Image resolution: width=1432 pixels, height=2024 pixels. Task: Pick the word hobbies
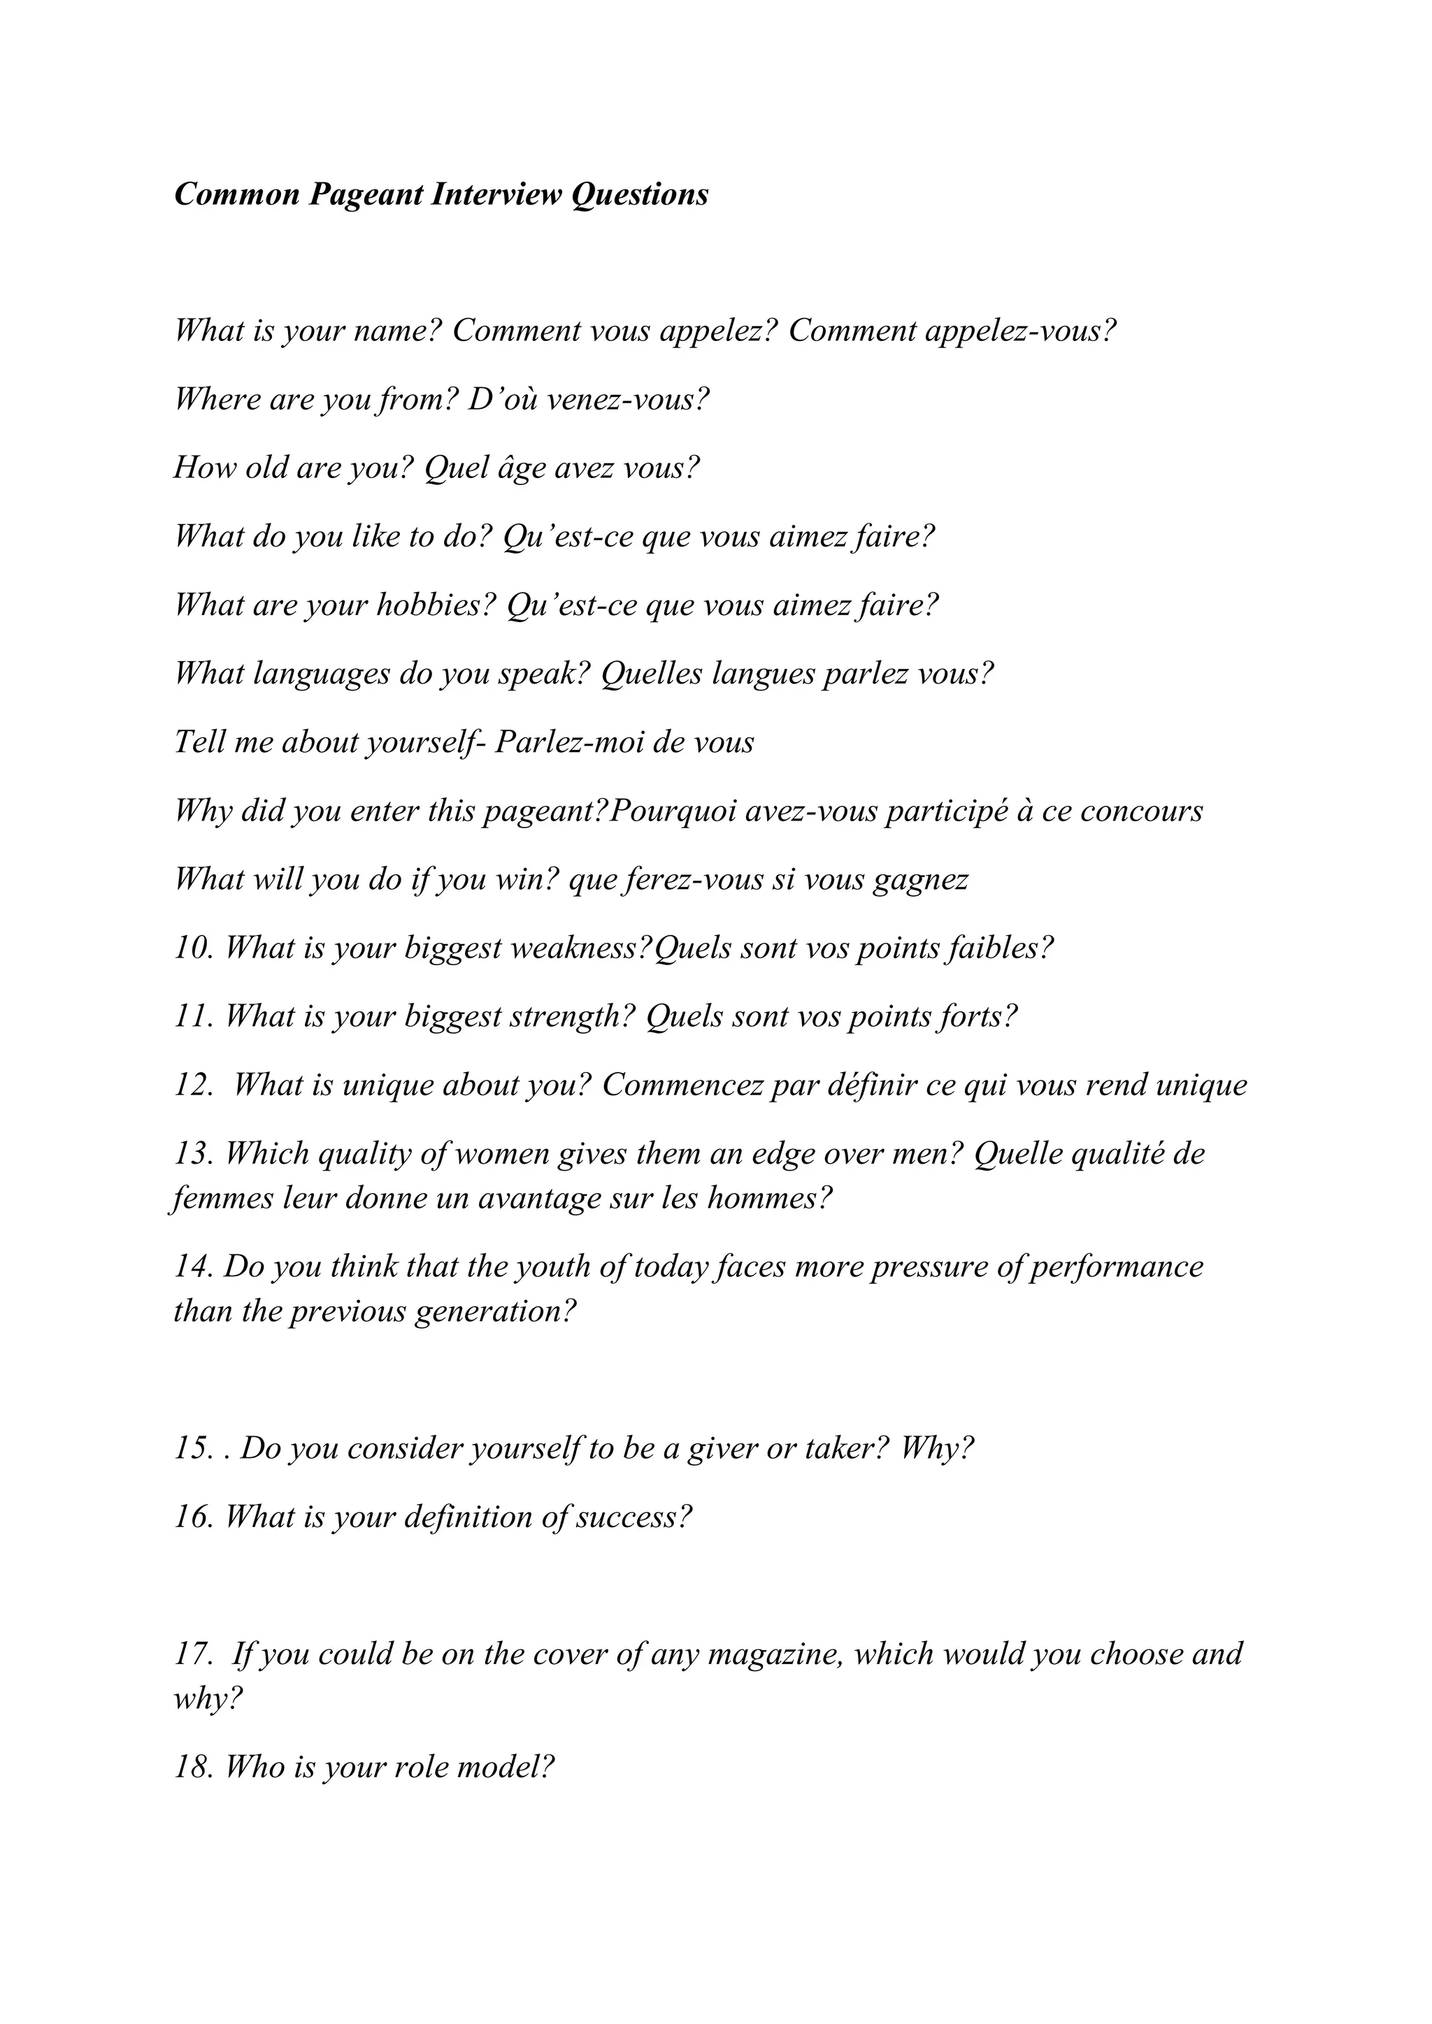(x=436, y=605)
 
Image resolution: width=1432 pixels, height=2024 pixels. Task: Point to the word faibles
(x=997, y=948)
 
